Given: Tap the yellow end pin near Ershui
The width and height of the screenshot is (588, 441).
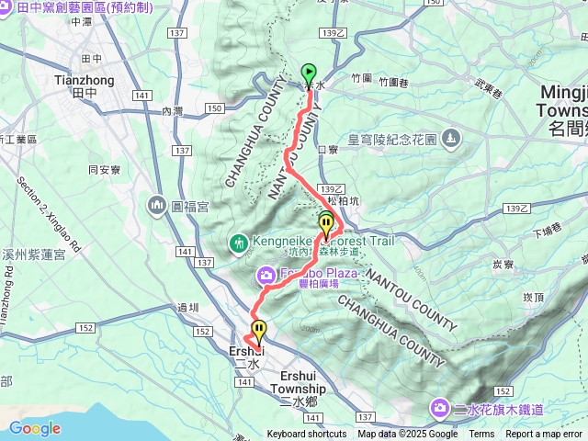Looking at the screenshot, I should (x=259, y=330).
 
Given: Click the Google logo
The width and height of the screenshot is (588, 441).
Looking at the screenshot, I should (x=34, y=428).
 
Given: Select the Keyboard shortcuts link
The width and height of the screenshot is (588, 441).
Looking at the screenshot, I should (x=307, y=435).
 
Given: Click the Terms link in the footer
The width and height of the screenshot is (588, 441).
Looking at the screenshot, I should (x=481, y=435).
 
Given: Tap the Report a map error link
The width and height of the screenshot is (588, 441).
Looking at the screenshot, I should (x=545, y=435).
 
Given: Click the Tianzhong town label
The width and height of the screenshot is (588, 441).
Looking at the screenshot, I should (x=85, y=80).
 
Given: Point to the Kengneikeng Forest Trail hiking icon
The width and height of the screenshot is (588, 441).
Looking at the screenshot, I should (x=239, y=243).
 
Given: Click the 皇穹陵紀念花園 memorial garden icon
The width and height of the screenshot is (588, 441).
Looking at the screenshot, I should (x=450, y=139).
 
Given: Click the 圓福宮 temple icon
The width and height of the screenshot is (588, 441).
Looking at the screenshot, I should (x=154, y=204).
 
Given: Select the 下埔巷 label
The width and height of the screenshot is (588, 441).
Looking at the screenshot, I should (x=547, y=232).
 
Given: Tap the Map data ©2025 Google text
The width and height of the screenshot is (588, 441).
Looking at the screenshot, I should (x=407, y=435).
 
